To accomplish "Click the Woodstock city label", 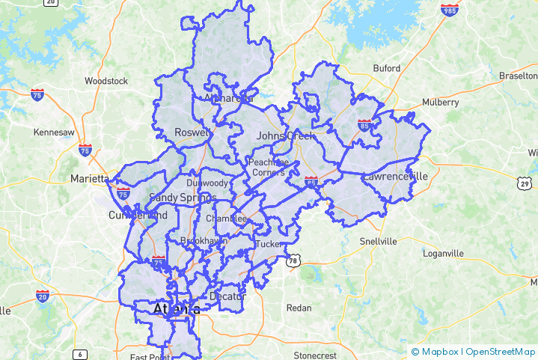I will [106, 80].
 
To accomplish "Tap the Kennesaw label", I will [54, 132].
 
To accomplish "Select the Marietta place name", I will [89, 179].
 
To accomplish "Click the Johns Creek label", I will [281, 135].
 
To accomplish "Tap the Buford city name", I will [387, 68].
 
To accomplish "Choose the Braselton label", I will [518, 76].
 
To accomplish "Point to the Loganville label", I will [444, 253].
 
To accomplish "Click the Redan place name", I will [299, 308].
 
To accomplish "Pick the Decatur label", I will [227, 296].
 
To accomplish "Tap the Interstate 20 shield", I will [43, 296].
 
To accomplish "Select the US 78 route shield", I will [293, 260].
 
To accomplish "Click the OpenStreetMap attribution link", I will [499, 351].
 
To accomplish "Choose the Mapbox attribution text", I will [439, 351].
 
